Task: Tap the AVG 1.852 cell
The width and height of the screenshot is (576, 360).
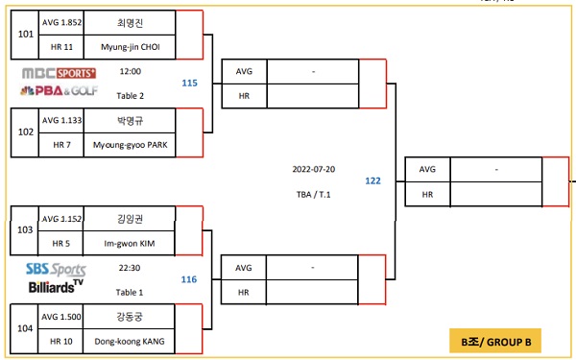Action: (61, 21)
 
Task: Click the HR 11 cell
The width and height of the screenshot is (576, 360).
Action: (61, 45)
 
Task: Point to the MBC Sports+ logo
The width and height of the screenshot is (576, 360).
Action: (59, 73)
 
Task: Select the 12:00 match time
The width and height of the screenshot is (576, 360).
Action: (130, 71)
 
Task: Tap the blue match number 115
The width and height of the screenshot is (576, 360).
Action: (189, 84)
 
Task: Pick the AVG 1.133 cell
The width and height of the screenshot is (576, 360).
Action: (61, 121)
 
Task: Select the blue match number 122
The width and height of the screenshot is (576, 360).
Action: (372, 180)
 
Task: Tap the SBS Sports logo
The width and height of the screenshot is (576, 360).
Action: (56, 269)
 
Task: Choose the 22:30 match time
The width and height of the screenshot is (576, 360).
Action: (130, 268)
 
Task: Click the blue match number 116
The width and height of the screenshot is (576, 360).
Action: (189, 279)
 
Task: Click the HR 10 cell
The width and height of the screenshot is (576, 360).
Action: (61, 341)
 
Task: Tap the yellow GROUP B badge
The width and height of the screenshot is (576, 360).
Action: (495, 341)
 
